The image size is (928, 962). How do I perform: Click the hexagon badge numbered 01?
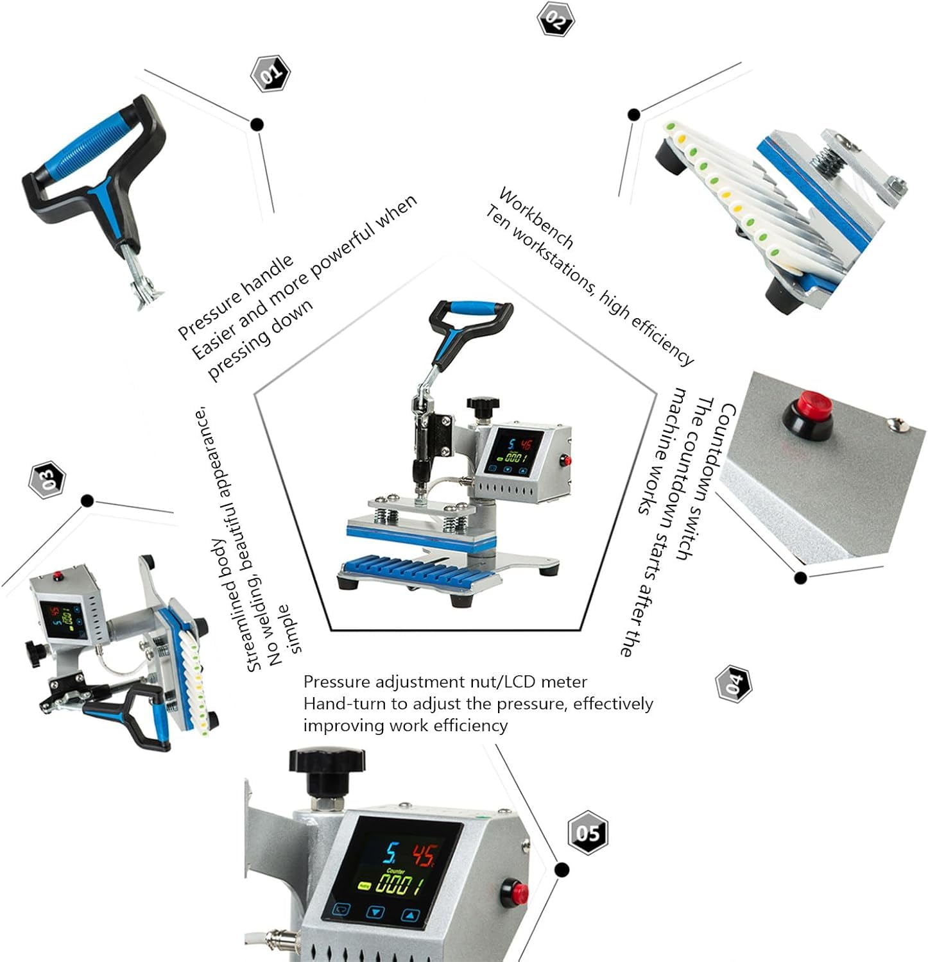(270, 74)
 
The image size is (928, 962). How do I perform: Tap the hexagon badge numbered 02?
(555, 19)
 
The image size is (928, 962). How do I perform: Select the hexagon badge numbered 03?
(47, 479)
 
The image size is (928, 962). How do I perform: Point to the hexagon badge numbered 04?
(734, 684)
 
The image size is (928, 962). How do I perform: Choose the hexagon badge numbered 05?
(588, 832)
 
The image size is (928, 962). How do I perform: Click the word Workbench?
(537, 218)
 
